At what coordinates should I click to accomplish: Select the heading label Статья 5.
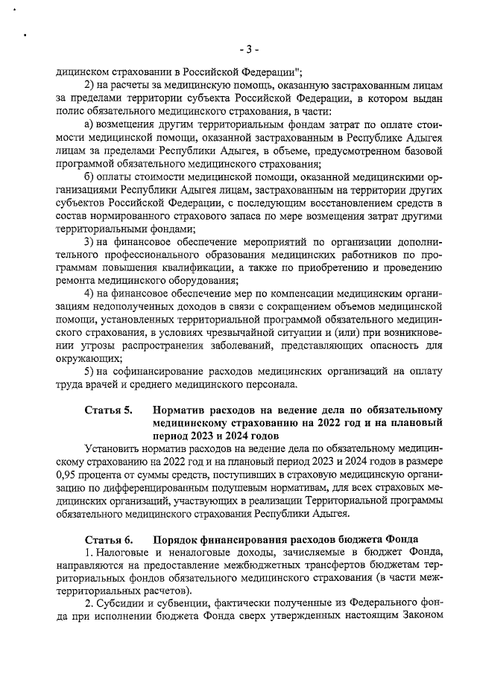(108, 410)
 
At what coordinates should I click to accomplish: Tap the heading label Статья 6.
(108, 538)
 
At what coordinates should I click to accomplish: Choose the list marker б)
(89, 177)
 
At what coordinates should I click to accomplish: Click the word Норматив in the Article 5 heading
(180, 410)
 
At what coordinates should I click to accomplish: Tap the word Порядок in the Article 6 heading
(176, 538)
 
